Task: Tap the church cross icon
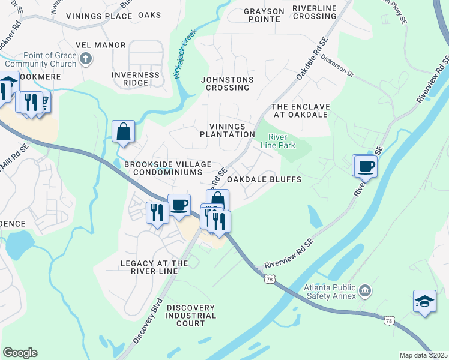pyautogui.click(x=86, y=58)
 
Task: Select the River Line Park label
pyautogui.click(x=277, y=140)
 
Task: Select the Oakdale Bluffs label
pyautogui.click(x=264, y=179)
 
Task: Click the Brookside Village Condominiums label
pyautogui.click(x=167, y=168)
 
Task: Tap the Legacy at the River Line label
pyautogui.click(x=154, y=267)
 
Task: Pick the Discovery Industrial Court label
pyautogui.click(x=190, y=316)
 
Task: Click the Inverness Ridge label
pyautogui.click(x=136, y=79)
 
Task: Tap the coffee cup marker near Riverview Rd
pyautogui.click(x=366, y=166)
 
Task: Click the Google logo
pyautogui.click(x=20, y=353)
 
